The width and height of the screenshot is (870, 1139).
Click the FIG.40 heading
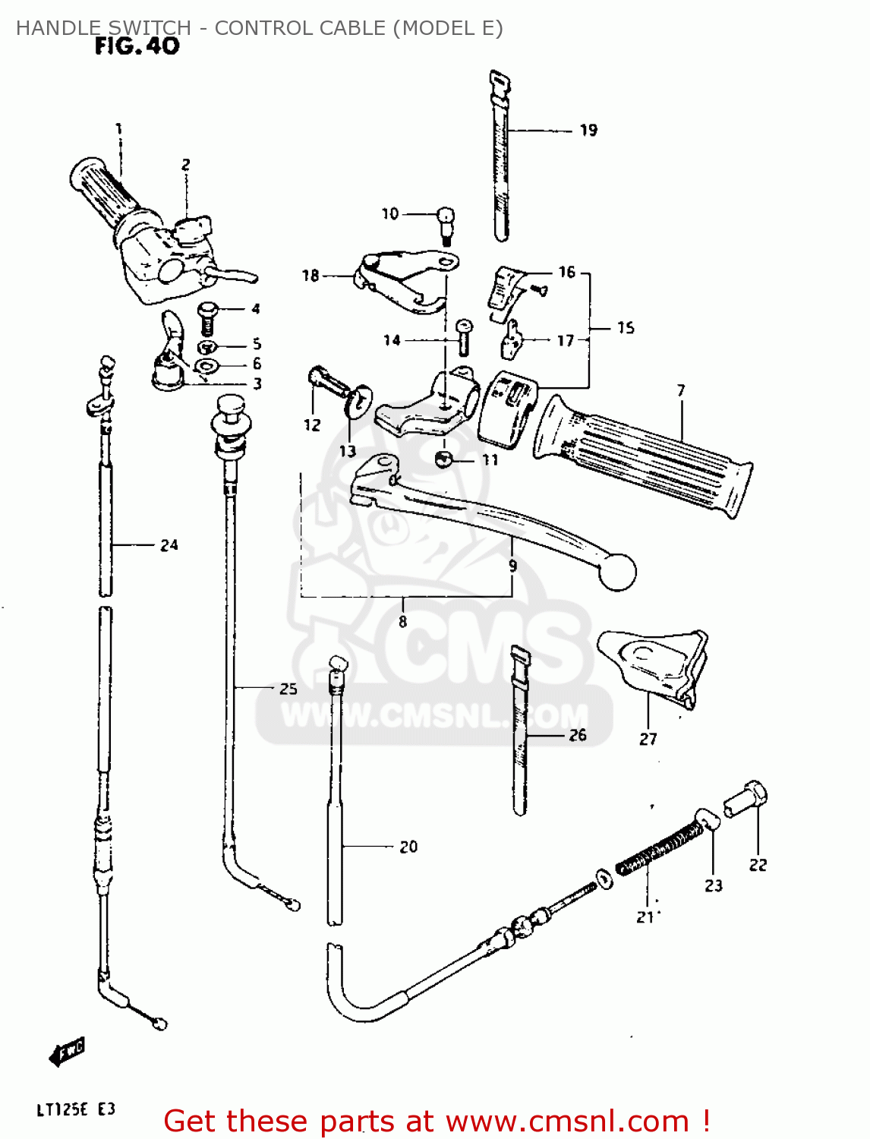coord(137,46)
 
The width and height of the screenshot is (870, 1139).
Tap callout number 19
coord(588,130)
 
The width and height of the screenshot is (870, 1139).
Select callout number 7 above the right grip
coord(681,390)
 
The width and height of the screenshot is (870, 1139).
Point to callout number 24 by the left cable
coord(169,545)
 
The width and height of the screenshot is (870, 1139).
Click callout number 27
coord(648,739)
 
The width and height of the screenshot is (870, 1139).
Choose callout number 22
coord(758,864)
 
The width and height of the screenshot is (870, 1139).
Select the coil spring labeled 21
coord(660,850)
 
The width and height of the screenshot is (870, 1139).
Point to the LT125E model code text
coord(61,1109)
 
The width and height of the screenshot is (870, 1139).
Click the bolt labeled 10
coord(446,226)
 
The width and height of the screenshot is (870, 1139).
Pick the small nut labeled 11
coord(443,459)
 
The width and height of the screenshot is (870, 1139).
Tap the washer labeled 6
coord(207,366)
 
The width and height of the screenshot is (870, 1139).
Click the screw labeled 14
coord(463,337)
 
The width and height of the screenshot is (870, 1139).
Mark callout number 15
coord(626,328)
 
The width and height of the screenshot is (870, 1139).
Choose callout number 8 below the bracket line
coord(403,621)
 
